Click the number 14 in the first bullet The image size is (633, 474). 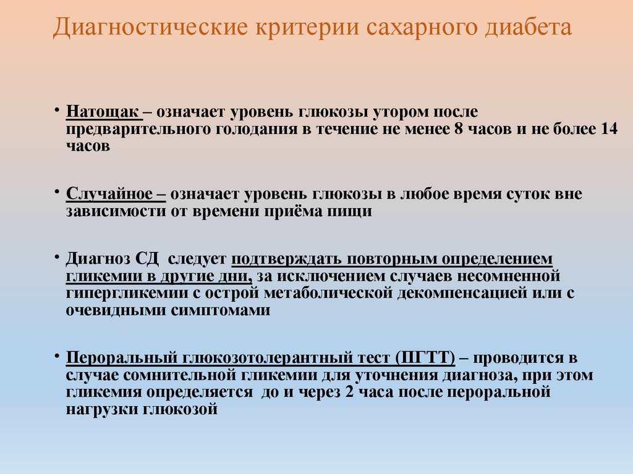click(609, 130)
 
